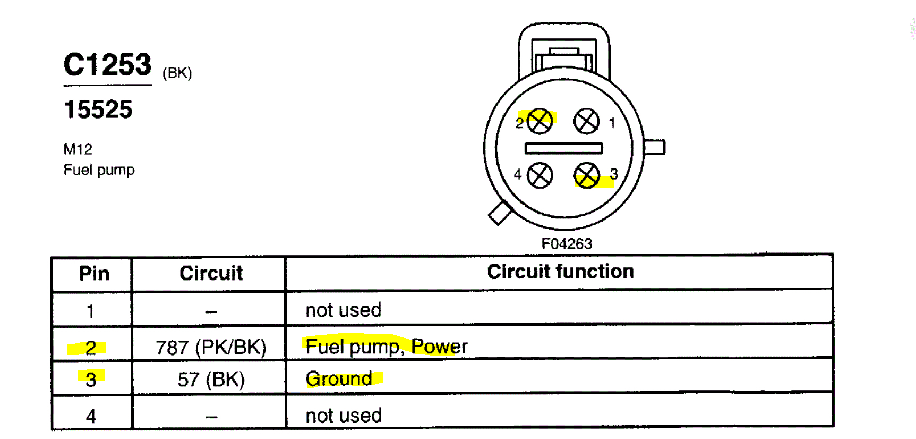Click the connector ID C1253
[107, 65]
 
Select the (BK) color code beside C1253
[177, 73]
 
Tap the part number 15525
[98, 110]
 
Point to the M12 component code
[78, 149]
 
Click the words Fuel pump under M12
[99, 170]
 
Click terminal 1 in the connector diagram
[586, 122]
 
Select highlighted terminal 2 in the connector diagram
[540, 122]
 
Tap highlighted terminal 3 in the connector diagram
[587, 175]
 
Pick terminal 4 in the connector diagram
[540, 175]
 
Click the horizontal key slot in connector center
[563, 148]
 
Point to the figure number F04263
[567, 244]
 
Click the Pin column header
[94, 274]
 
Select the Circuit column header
[211, 273]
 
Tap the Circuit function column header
[560, 272]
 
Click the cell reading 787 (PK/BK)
[211, 348]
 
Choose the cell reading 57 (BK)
[211, 379]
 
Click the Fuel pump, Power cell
[386, 347]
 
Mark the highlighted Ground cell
[339, 379]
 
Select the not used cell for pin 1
[343, 310]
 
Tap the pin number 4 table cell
[91, 416]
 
